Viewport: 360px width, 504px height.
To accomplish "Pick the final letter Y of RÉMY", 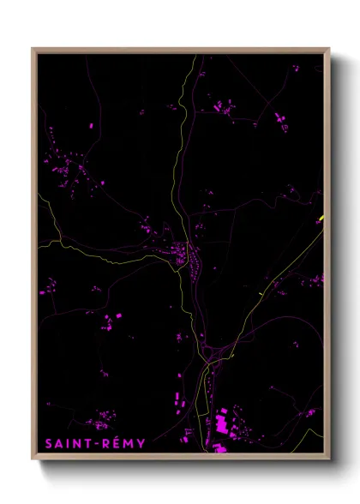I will click(141, 443).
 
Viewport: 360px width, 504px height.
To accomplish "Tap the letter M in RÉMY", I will click(126, 443).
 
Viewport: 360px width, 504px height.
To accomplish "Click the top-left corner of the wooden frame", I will click(33, 49).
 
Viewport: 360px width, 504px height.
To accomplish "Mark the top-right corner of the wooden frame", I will click(329, 49).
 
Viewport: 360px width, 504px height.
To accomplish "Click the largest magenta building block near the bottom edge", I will click(222, 423).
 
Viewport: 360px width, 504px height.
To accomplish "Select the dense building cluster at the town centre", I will click(187, 255).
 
